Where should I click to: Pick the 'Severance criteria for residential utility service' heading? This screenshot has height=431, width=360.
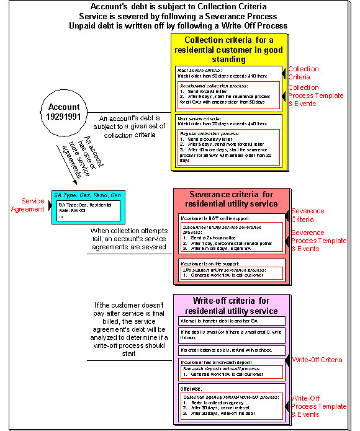click(x=228, y=199)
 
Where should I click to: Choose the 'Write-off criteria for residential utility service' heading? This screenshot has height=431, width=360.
click(x=228, y=305)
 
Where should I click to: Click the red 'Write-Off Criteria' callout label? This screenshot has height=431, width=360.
click(x=317, y=359)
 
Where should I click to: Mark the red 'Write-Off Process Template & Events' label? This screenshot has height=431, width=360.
click(x=318, y=406)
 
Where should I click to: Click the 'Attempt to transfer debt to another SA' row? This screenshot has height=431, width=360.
click(x=228, y=321)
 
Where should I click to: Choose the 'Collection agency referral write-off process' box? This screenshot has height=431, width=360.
click(x=228, y=406)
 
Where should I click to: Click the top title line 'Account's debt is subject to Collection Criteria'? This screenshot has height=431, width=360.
click(x=179, y=7)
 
